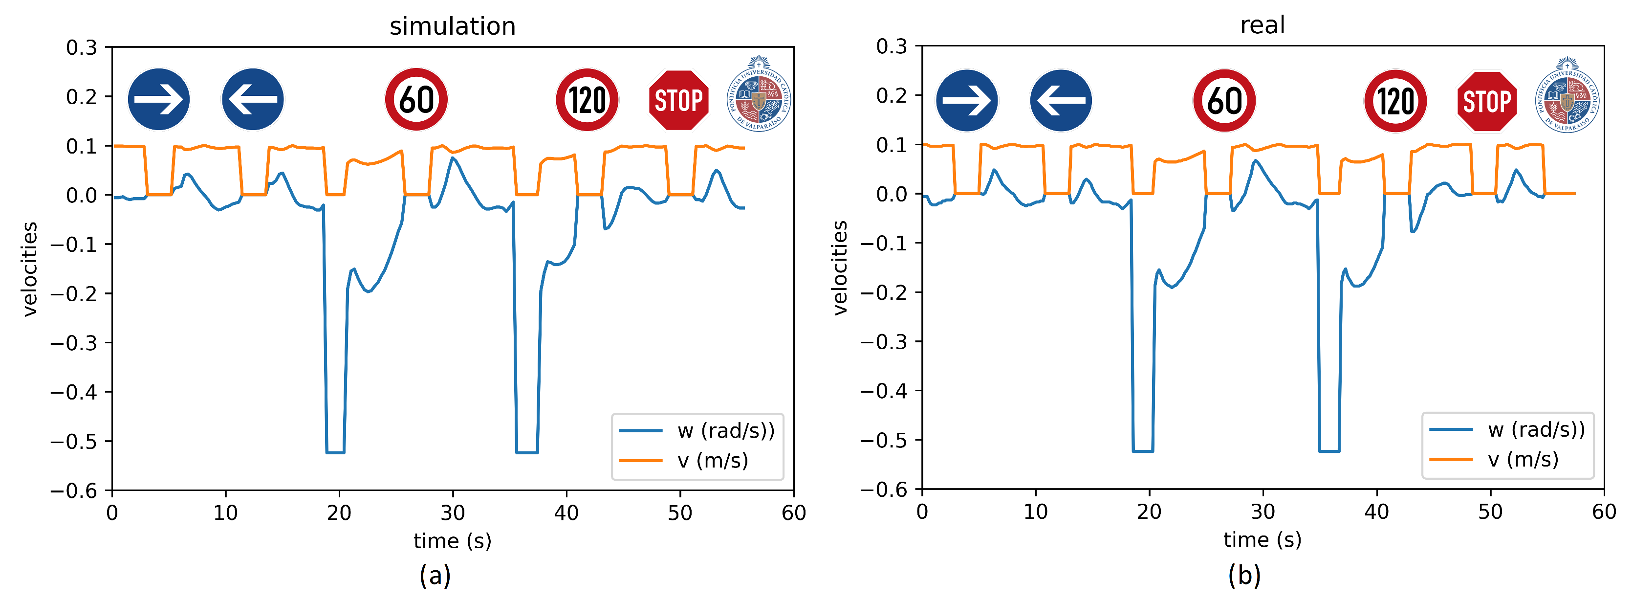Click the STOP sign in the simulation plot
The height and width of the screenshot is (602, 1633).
click(678, 100)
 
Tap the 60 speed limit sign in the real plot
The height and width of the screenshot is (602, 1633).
click(1223, 101)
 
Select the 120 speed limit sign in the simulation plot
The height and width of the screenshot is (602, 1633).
click(587, 100)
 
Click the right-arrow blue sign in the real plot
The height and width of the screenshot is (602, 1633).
click(967, 101)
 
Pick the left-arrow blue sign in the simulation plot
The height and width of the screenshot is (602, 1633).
click(253, 100)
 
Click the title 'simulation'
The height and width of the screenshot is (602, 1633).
click(452, 26)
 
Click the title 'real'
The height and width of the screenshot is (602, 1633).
click(1262, 25)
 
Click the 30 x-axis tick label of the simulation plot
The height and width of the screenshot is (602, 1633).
click(453, 513)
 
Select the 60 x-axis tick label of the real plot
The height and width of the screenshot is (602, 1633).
click(1603, 512)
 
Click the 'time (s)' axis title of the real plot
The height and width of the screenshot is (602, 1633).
click(1262, 540)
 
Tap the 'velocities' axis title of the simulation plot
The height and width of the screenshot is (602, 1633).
click(30, 269)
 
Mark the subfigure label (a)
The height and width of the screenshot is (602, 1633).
click(435, 576)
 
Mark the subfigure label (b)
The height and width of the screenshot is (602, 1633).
click(1244, 576)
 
